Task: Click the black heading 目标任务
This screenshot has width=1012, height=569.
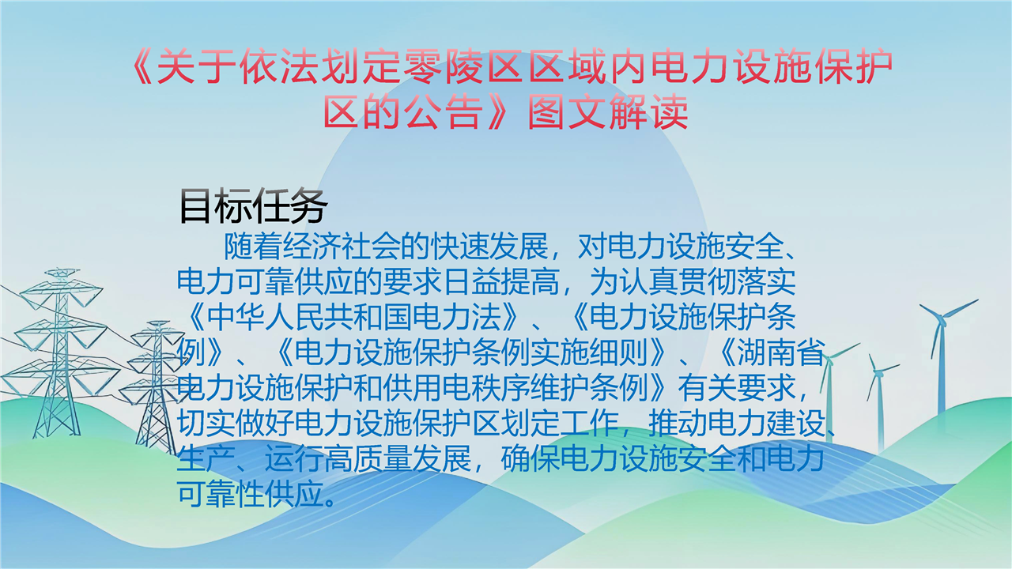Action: [253, 206]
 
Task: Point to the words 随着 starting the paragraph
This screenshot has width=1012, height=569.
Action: [253, 247]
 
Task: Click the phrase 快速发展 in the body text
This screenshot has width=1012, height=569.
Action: [489, 247]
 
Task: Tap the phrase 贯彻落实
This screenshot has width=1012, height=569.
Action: [736, 282]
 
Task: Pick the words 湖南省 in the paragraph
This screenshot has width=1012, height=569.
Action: [780, 352]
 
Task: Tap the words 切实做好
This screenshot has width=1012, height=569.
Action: [235, 423]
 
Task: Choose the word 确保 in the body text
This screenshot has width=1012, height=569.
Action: [530, 458]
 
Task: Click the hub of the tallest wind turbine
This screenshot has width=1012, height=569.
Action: [942, 317]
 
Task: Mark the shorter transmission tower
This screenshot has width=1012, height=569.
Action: [154, 387]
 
